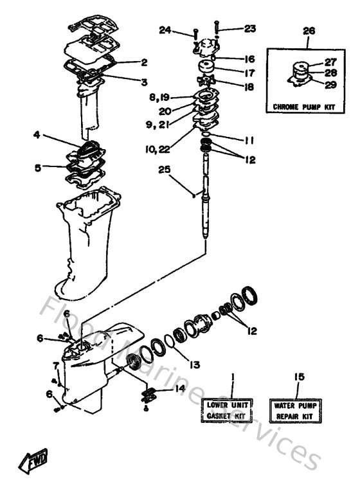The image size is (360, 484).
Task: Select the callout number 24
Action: (166, 29)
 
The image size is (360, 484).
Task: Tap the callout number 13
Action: (194, 364)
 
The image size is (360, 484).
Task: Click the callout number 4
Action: (37, 135)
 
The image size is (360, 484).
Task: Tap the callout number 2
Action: (144, 62)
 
